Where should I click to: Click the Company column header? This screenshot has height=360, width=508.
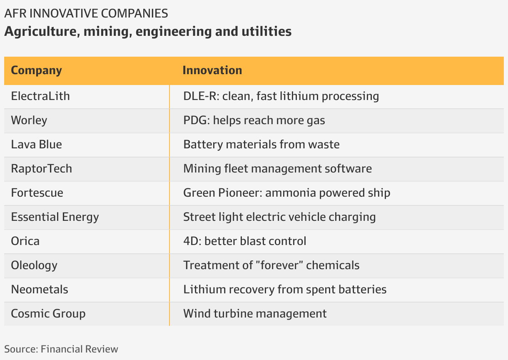click(x=36, y=70)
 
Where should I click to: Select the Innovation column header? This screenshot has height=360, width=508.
click(x=212, y=70)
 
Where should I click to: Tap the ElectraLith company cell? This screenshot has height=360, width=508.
click(x=40, y=96)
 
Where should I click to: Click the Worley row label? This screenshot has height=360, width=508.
click(x=29, y=120)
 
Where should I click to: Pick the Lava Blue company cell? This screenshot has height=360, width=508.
click(x=36, y=145)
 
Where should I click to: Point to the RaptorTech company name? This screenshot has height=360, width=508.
click(x=41, y=169)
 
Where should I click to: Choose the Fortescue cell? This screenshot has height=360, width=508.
click(x=37, y=193)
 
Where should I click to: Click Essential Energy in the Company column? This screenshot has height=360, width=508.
click(x=55, y=217)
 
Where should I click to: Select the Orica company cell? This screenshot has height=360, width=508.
click(x=25, y=241)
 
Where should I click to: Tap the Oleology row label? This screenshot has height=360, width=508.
click(x=34, y=265)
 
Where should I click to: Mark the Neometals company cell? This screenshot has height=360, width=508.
click(x=40, y=290)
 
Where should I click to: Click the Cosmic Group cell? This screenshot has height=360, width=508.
click(x=48, y=314)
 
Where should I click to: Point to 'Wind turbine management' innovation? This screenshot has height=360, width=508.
click(x=255, y=314)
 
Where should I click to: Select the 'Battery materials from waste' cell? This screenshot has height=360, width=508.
click(x=261, y=145)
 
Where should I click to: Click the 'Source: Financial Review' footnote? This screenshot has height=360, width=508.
click(x=61, y=349)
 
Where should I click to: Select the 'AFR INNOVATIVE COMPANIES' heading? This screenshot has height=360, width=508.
click(x=86, y=13)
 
